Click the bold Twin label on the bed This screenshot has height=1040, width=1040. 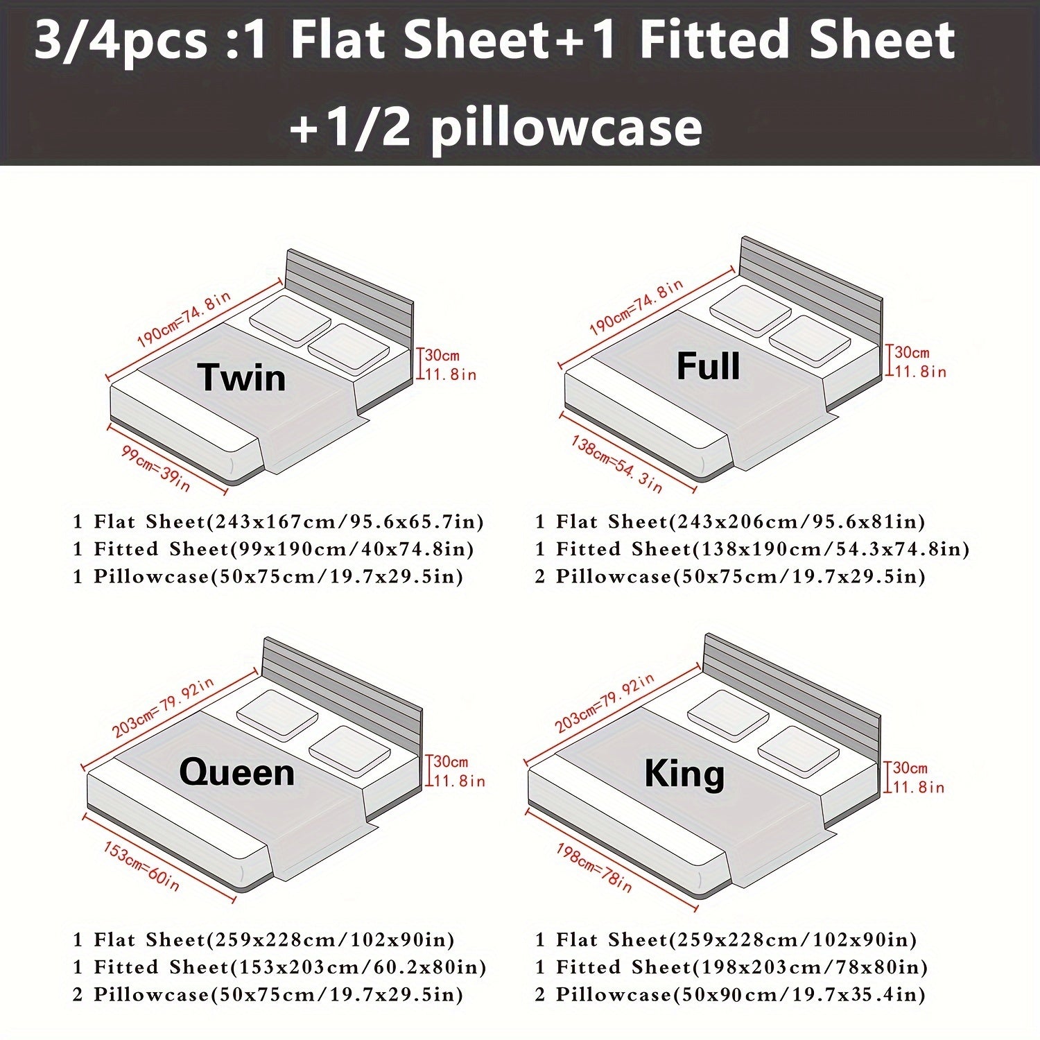coord(241,378)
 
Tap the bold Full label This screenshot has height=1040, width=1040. coord(708,366)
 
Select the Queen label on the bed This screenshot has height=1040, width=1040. coord(236,772)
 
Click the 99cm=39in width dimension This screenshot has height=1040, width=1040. coord(156,469)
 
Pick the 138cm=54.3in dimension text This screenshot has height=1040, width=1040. coord(616,464)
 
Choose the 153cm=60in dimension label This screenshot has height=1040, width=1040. coord(141,866)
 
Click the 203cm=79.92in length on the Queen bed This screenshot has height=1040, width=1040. coord(163,707)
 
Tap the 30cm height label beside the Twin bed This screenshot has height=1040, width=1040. coord(442,355)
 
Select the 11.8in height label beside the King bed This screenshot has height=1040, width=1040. coord(918,787)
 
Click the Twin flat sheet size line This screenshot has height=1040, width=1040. coord(278,521)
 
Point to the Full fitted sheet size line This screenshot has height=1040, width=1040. coord(752,549)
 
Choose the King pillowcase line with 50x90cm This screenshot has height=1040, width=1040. coord(730,995)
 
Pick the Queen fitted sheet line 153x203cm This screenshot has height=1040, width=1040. coord(279,967)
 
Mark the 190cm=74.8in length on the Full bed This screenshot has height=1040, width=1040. coord(636,307)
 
